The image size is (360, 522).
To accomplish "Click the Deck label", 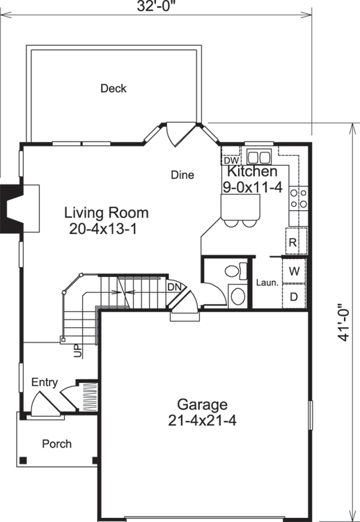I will pos(113,88).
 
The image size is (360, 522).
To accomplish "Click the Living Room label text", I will pos(107,212).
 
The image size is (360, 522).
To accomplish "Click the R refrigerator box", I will pos(293,243).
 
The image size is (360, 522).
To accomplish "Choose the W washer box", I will pos(294,270).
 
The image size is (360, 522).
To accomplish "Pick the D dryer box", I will pos(294,296).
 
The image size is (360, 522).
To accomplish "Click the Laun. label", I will pos(267,283).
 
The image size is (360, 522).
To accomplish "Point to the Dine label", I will pos(182,175).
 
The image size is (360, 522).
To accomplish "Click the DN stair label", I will pos(173,286).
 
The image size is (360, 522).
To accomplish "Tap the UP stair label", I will pos(78,351).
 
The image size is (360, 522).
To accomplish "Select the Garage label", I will pos(202,404).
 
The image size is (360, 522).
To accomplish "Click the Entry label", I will pos(45,383).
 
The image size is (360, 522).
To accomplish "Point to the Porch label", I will pos(56,443).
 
